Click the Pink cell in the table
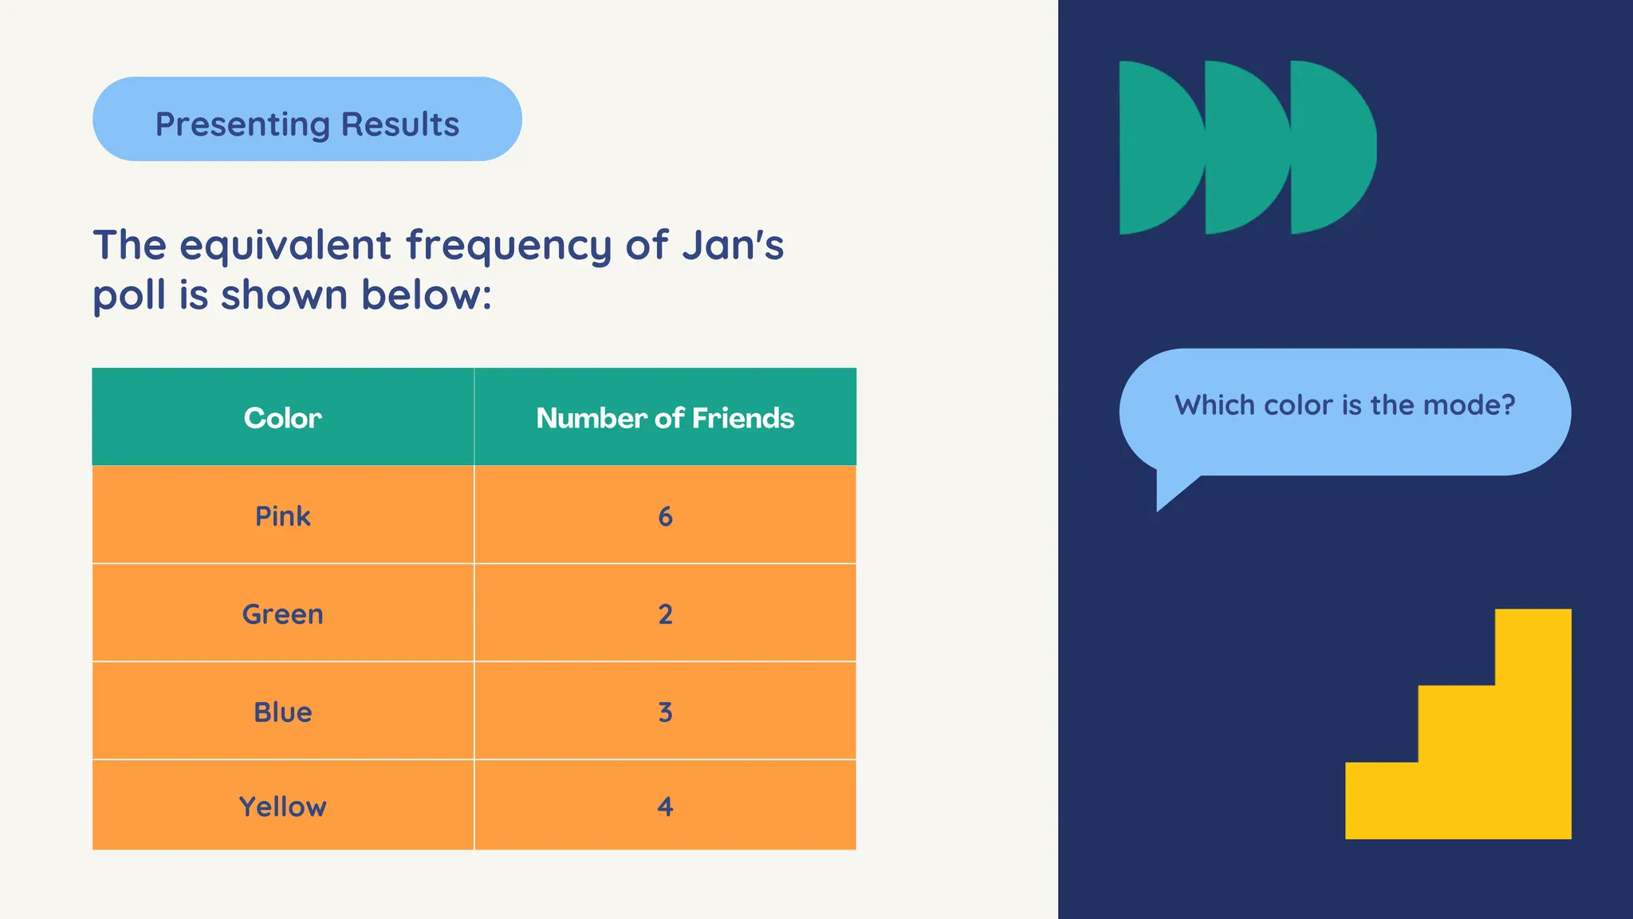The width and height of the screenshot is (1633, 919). click(x=282, y=516)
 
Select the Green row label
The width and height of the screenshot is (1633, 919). click(x=282, y=614)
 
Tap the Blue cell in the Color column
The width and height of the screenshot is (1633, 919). click(x=282, y=712)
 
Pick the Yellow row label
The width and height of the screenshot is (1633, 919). click(x=282, y=807)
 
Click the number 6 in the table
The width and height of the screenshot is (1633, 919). click(x=665, y=517)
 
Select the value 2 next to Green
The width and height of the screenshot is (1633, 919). click(x=665, y=614)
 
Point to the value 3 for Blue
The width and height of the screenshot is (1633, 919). click(x=665, y=712)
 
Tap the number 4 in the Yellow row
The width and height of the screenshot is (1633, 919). click(x=665, y=807)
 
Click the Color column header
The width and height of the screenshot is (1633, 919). click(x=282, y=418)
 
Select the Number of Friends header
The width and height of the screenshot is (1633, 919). click(x=665, y=418)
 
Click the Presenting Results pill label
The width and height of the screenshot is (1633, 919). click(x=307, y=124)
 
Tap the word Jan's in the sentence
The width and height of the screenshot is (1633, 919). click(x=733, y=245)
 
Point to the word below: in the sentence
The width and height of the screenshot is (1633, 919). click(x=427, y=294)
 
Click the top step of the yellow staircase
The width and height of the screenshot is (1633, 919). click(x=1533, y=646)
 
